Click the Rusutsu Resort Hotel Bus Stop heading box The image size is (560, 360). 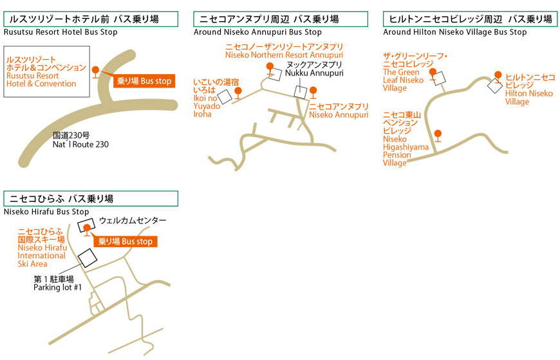pyautogui.click(x=87, y=19)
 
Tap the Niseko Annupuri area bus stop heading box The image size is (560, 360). pyautogui.click(x=281, y=19)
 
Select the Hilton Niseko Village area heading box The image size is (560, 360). pyautogui.click(x=470, y=19)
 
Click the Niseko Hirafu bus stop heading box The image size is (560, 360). pyautogui.click(x=91, y=199)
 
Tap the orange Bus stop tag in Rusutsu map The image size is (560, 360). pyautogui.click(x=145, y=81)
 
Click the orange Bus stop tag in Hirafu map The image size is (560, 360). pyautogui.click(x=126, y=242)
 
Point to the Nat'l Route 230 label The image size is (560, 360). pyautogui.click(x=80, y=140)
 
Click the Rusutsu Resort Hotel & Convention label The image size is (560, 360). pyautogui.click(x=45, y=71)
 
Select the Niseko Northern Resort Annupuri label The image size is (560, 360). pyautogui.click(x=284, y=51)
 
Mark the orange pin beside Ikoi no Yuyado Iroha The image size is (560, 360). pyautogui.click(x=238, y=92)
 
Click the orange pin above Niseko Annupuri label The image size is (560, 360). pyautogui.click(x=313, y=91)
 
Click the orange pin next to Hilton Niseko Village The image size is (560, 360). pyautogui.click(x=498, y=76)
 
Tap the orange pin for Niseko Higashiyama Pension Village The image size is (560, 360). pyautogui.click(x=438, y=135)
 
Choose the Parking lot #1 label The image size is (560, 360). pyautogui.click(x=57, y=283)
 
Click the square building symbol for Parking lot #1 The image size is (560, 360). pyautogui.click(x=88, y=258)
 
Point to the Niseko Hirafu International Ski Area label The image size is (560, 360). pyautogui.click(x=42, y=247)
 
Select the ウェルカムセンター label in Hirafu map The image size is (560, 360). pyautogui.click(x=133, y=220)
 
